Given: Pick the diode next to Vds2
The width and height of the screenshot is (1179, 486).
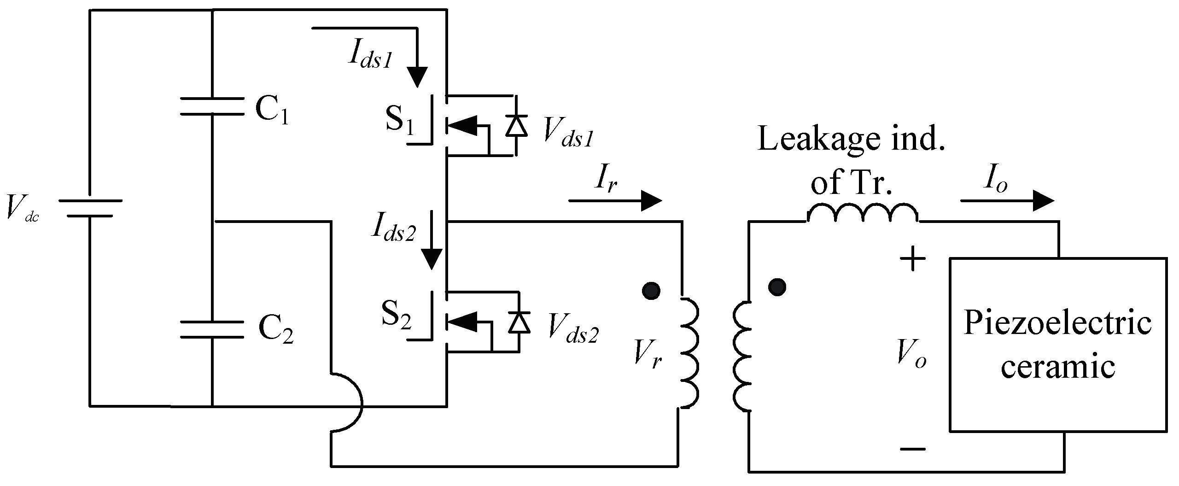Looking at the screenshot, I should point(519,322).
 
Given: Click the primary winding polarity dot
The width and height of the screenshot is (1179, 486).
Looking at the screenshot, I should point(651,291).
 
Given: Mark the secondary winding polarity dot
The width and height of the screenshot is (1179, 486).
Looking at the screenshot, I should point(777,287).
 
